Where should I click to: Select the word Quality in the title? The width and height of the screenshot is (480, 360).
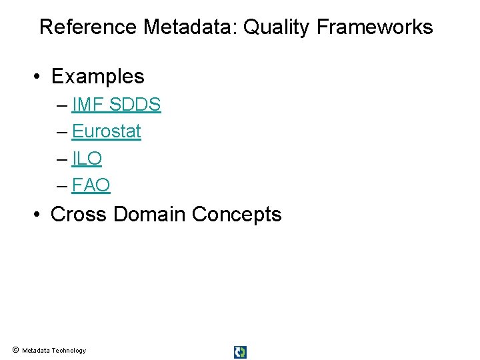tap(277, 27)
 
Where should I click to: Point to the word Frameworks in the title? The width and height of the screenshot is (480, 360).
tap(375, 27)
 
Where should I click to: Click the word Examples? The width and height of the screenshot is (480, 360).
tap(97, 77)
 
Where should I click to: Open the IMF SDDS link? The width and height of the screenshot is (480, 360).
tap(116, 105)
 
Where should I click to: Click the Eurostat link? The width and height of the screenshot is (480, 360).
tap(106, 131)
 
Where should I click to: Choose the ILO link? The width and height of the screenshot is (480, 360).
tap(87, 159)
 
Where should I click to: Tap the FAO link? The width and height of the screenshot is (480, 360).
tap(91, 185)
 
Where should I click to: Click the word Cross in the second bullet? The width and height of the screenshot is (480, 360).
tap(79, 215)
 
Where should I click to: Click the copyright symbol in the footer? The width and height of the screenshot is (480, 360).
tap(15, 350)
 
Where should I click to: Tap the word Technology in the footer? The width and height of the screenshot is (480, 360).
tap(69, 351)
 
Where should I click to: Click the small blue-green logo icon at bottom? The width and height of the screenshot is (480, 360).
tap(240, 352)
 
